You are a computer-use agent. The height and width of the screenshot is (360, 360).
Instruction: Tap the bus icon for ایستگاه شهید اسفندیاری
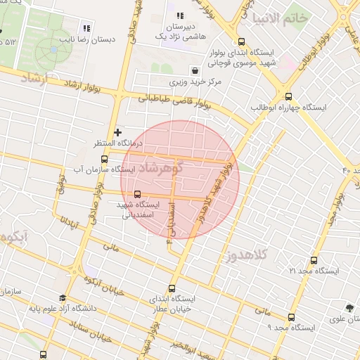coord(136,194)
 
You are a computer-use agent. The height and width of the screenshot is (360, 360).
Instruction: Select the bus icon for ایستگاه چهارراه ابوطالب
coord(288,97)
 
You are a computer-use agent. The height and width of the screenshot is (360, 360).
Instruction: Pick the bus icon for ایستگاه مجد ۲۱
coord(314,260)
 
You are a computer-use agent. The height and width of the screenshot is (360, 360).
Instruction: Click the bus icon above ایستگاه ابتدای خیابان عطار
coord(172,288)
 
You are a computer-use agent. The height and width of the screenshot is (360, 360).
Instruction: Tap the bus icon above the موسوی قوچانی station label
coord(242,41)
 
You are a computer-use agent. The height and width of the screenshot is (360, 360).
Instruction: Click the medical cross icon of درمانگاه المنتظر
coord(117,131)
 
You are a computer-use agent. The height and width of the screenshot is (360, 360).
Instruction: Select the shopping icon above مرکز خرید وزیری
coord(195,71)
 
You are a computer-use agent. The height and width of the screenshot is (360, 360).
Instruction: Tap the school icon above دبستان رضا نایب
coord(86,28)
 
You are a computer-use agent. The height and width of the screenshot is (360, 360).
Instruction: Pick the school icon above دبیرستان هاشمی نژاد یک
coord(179,15)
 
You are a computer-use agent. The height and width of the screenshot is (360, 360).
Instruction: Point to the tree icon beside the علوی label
coord(349,307)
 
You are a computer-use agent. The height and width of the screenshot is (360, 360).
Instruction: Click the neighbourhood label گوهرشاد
coord(161,168)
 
